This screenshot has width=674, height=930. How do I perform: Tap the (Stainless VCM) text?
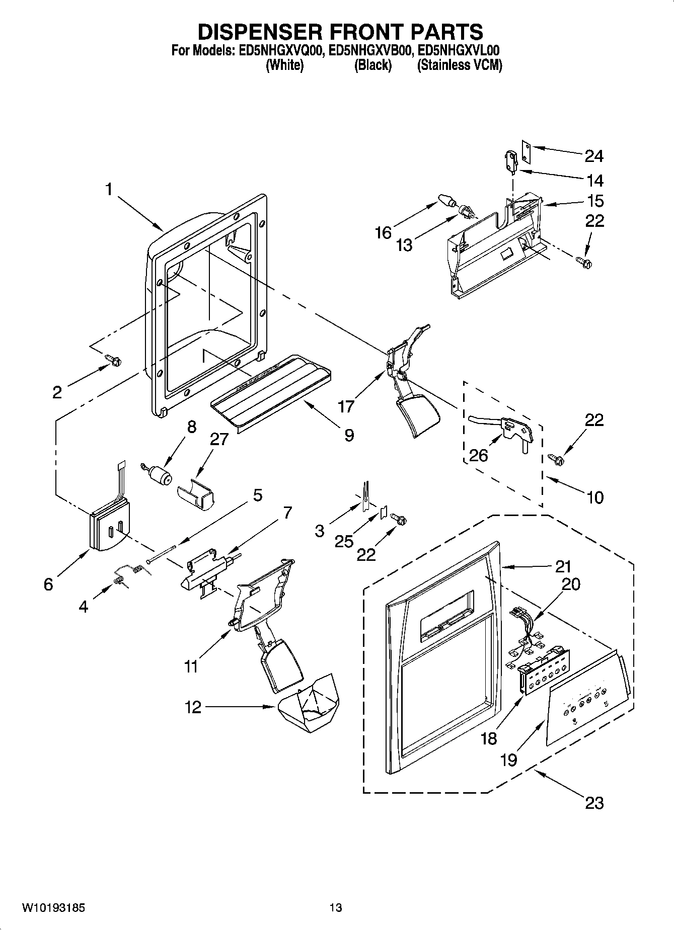(460, 65)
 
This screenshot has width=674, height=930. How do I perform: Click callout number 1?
(108, 190)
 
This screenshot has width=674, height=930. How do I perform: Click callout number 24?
(594, 156)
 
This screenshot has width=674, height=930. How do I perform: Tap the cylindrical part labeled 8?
(160, 475)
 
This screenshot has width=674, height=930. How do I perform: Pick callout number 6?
(48, 584)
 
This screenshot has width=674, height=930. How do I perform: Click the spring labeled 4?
(133, 570)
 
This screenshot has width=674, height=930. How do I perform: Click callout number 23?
(594, 803)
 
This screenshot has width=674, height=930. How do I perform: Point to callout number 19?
(509, 759)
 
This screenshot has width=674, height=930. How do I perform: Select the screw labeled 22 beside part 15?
(584, 261)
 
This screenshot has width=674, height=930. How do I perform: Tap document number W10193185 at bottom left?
(53, 907)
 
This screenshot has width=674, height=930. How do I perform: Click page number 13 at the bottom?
(336, 907)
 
